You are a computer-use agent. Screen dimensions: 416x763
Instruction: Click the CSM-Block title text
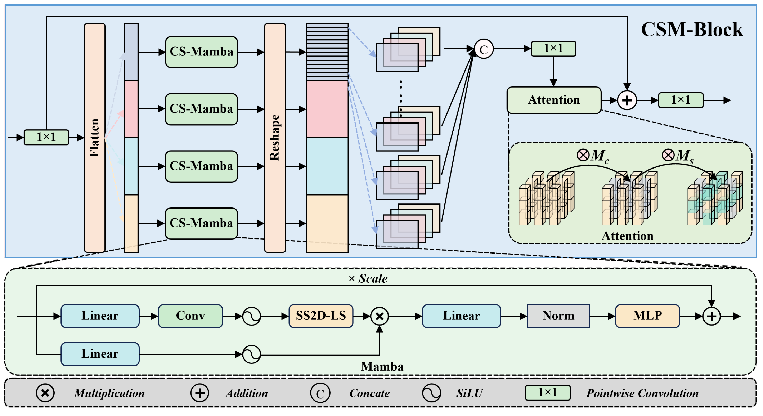tap(692, 30)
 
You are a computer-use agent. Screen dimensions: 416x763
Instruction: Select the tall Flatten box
tap(95, 138)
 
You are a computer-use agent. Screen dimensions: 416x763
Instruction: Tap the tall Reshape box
tap(275, 138)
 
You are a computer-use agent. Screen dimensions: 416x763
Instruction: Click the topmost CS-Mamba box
tap(201, 52)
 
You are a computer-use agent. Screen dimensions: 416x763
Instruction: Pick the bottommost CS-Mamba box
tap(201, 223)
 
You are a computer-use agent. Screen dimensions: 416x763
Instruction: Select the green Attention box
tap(554, 100)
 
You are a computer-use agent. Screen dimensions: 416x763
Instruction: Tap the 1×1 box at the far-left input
tap(46, 137)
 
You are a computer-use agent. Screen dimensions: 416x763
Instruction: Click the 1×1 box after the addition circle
tap(681, 100)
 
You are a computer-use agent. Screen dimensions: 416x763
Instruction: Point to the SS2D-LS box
tap(321, 316)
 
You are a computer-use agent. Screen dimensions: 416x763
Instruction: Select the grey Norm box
tap(558, 316)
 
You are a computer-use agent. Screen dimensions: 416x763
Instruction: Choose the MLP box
tap(647, 316)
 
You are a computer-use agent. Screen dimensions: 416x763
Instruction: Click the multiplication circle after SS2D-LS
tap(380, 316)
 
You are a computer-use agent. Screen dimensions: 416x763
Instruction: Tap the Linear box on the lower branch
tap(100, 354)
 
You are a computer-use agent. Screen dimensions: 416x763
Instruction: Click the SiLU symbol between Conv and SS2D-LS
tap(251, 316)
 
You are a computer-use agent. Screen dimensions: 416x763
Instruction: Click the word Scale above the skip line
tap(373, 278)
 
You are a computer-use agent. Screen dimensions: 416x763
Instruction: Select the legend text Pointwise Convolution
tap(642, 393)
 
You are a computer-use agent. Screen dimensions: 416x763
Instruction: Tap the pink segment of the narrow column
tap(131, 109)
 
